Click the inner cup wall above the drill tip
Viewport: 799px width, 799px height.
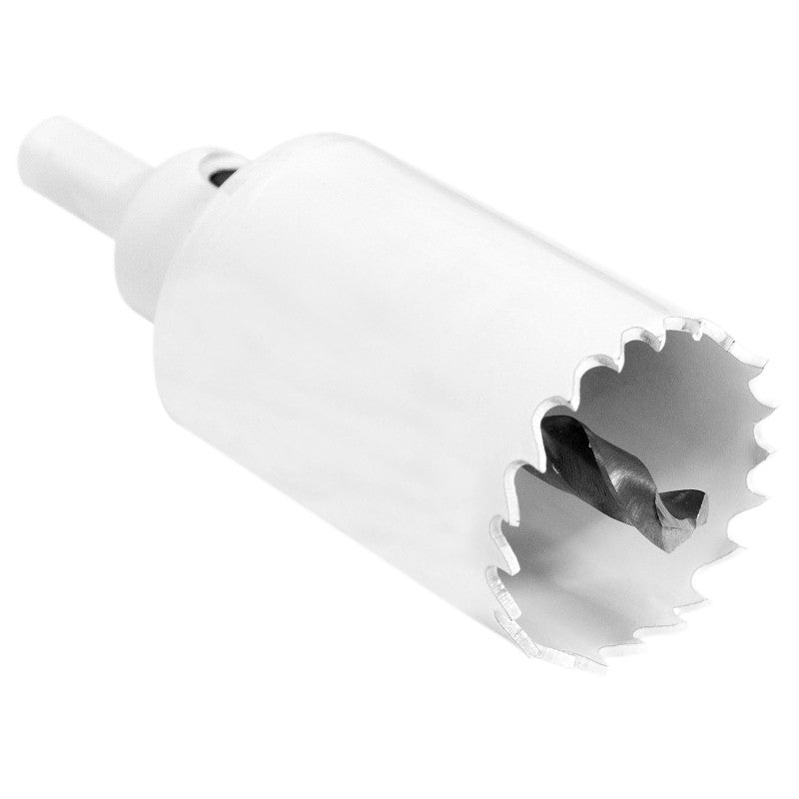click(x=679, y=419)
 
